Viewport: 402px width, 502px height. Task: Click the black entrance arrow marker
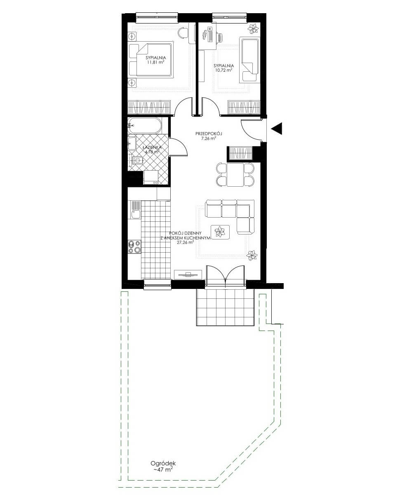tap(278, 128)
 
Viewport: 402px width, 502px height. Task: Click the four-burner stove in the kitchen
tap(134, 247)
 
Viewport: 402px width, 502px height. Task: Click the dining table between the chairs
tap(235, 175)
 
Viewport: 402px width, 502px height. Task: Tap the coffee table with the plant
tap(220, 232)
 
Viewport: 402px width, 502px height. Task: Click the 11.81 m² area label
tap(155, 62)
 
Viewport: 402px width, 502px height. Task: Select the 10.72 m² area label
tap(223, 70)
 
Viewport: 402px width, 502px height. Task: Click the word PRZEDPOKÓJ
tap(209, 134)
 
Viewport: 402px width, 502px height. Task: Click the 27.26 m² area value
tap(186, 242)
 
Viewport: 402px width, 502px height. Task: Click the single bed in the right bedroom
tap(249, 60)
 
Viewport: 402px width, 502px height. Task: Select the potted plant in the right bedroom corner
tap(253, 29)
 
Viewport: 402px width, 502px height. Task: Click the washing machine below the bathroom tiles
tap(151, 178)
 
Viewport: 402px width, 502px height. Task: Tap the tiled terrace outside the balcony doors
tap(226, 307)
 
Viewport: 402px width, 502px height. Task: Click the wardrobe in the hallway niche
tap(241, 153)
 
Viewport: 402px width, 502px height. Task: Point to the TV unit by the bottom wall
tap(188, 274)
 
